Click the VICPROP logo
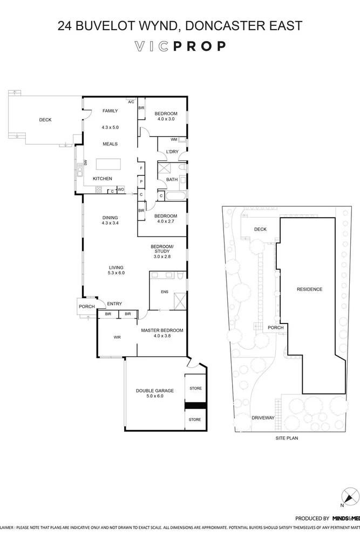tap(180, 46)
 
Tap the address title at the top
tap(180, 25)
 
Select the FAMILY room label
tap(110, 111)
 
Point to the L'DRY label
tap(172, 152)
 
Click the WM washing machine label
tap(173, 139)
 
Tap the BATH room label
tap(172, 180)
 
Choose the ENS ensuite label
tap(165, 292)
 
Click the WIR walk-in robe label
tap(117, 337)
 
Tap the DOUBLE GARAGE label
tap(154, 393)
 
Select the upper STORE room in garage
tap(195, 388)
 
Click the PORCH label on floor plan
tap(86, 307)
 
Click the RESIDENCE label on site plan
tap(309, 289)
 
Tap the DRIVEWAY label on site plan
tap(263, 418)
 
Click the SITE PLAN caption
tap(286, 438)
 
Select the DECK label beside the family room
tap(45, 120)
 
